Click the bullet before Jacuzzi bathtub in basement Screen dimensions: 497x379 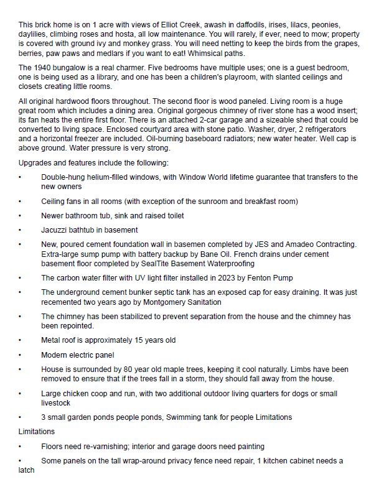pos(20,230)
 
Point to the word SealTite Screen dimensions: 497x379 pos(170,264)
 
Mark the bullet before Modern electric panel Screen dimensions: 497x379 pos(20,355)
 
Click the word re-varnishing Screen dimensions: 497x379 pos(108,446)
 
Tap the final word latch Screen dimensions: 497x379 pos(26,470)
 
